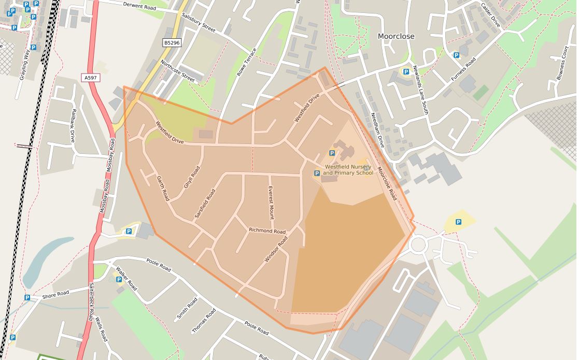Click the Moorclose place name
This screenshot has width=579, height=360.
pyautogui.click(x=396, y=36)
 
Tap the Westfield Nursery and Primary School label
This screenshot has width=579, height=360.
pyautogui.click(x=348, y=170)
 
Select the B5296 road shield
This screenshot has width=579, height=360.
pyautogui.click(x=172, y=43)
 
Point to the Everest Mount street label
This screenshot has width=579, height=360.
pyautogui.click(x=270, y=203)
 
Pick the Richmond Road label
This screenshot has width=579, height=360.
pyautogui.click(x=267, y=231)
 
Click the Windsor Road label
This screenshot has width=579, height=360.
pyautogui.click(x=276, y=249)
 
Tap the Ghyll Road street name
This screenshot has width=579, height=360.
pyautogui.click(x=191, y=177)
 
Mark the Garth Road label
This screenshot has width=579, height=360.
pyautogui.click(x=163, y=189)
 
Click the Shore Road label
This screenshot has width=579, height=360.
pyautogui.click(x=55, y=294)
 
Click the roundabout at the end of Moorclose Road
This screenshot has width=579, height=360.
pyautogui.click(x=419, y=243)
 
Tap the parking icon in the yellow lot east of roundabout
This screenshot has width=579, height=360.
pyautogui.click(x=458, y=222)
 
